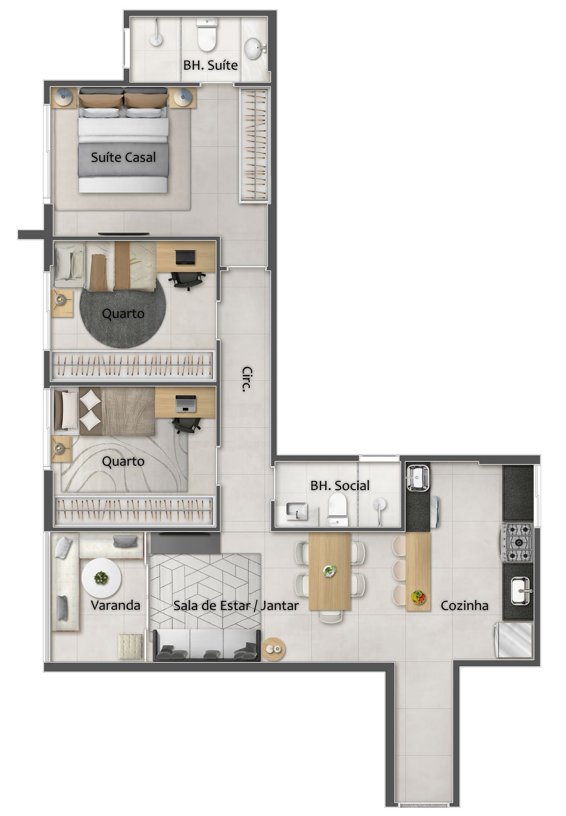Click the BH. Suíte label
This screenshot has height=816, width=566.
[x=210, y=65]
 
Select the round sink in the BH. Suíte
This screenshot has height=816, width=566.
[x=255, y=47]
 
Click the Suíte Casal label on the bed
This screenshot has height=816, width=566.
[x=123, y=157]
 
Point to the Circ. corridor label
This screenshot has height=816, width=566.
[x=246, y=379]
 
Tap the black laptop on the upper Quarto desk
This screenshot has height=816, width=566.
[x=186, y=257]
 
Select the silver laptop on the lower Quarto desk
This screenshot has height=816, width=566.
[x=185, y=403]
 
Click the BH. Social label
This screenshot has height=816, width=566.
[x=340, y=486]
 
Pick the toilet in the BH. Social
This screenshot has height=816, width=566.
[x=338, y=509]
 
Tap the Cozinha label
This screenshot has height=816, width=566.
[x=464, y=605]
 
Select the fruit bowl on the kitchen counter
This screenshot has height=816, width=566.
[x=418, y=597]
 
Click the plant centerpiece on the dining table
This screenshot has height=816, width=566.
[x=329, y=571]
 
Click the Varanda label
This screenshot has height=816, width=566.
[x=116, y=605]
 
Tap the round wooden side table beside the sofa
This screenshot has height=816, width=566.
[x=273, y=648]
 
